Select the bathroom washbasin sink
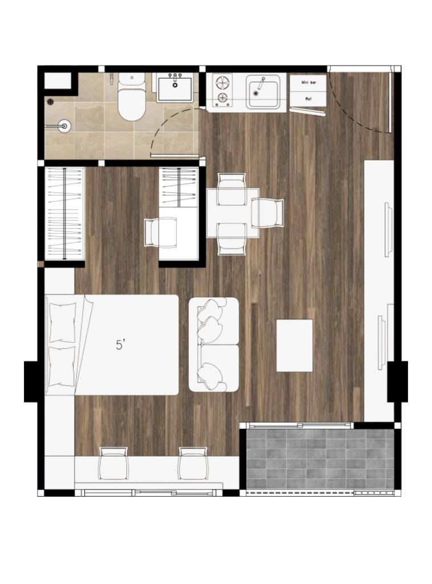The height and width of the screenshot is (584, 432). pos(174,88)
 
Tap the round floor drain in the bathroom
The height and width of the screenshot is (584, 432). pos(51,102)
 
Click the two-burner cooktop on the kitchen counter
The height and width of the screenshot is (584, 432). pos(222,90)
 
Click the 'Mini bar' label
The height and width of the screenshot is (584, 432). pos(308,83)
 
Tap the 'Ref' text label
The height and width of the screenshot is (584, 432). pos(308,99)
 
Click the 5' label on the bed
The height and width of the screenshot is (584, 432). pos(120,344)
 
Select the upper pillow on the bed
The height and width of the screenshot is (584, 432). pos(63,322)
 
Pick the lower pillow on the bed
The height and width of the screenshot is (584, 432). pos(63,366)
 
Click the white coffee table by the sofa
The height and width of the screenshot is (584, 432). pos(294,345)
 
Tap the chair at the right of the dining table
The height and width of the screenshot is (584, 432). pos(268,212)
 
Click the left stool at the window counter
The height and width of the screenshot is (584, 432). pos(113,463)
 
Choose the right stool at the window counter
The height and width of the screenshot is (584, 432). pos(192,463)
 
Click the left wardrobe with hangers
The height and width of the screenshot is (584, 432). pos(64,214)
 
